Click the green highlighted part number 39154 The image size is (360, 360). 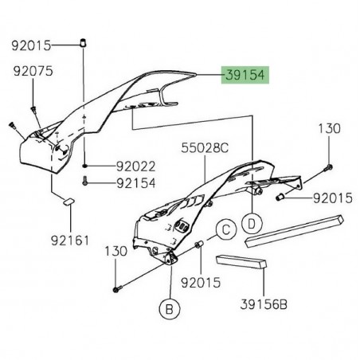(x=245, y=76)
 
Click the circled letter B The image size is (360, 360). (x=170, y=305)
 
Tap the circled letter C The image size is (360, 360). (x=225, y=231)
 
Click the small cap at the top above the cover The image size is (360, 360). (x=84, y=41)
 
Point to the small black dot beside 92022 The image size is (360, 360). (x=84, y=166)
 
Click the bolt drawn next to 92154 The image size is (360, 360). (x=84, y=182)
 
